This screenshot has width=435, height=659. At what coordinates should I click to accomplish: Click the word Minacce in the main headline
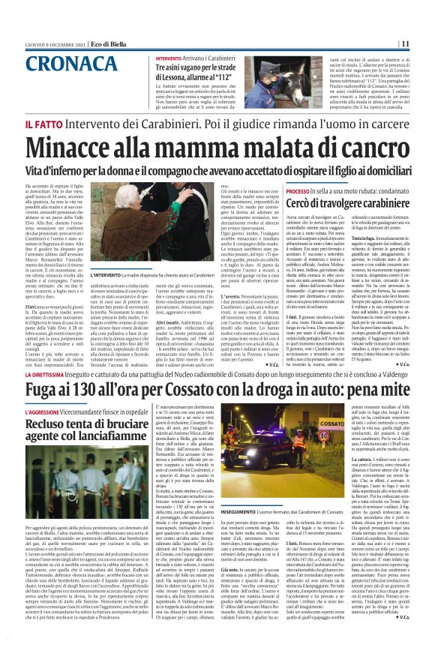coord(78,148)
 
